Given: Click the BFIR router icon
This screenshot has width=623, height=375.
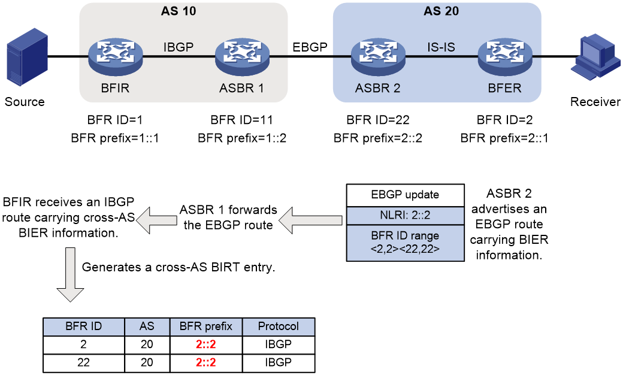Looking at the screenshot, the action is [x=115, y=57].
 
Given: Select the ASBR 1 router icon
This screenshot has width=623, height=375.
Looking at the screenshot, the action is [x=243, y=57].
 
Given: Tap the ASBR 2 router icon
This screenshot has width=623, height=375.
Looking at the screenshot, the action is [x=378, y=57].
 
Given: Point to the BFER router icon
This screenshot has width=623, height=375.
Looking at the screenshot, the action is [x=505, y=57].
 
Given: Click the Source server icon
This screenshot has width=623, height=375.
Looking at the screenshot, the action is [x=28, y=57].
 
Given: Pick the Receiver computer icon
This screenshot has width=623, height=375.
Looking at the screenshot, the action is [x=595, y=57].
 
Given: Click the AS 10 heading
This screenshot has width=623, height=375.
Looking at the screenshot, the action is [x=179, y=11].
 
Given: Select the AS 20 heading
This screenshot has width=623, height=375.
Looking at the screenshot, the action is [x=441, y=11].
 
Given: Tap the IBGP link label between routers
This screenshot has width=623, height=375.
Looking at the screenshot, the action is [x=179, y=47].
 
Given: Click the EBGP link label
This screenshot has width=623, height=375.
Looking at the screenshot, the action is [x=310, y=47].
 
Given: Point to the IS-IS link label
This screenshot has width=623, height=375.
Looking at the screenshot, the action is [x=441, y=47].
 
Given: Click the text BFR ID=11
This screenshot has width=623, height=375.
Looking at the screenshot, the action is [x=241, y=120].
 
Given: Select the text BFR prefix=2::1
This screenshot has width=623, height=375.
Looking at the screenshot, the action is [x=504, y=138].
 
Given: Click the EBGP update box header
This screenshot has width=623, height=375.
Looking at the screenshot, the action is [x=406, y=195].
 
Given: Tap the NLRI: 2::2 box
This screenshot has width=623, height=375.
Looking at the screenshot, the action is [x=406, y=215].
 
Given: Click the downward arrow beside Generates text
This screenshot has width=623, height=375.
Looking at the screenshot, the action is [x=70, y=274].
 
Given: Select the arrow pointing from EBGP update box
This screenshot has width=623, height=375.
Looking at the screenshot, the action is [x=310, y=220].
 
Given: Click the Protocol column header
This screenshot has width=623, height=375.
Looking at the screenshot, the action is [x=278, y=326].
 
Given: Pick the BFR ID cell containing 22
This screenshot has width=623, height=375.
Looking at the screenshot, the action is [x=83, y=362].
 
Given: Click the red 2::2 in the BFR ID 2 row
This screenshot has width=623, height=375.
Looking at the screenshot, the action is [x=206, y=344].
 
